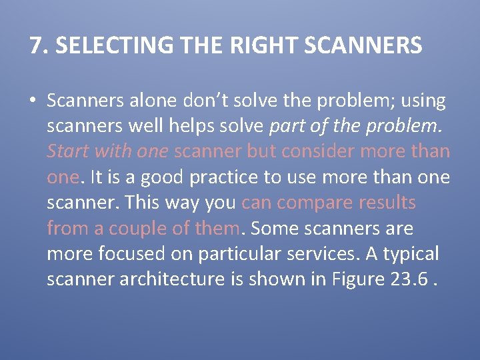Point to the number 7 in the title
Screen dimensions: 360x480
point(35,45)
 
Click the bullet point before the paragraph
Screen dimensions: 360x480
point(33,101)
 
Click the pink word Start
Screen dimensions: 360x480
point(68,151)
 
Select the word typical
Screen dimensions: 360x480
point(410,253)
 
